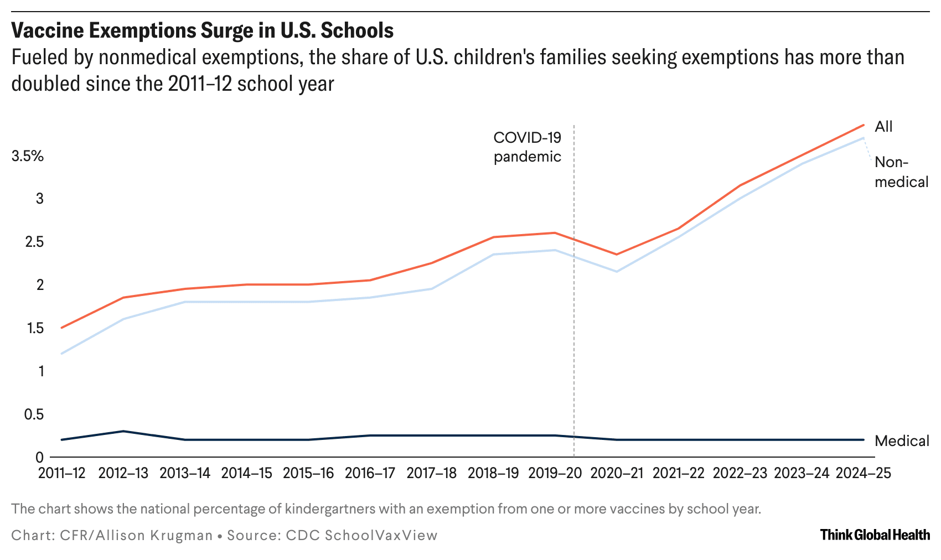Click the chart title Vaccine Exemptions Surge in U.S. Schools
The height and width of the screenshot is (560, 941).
click(x=202, y=30)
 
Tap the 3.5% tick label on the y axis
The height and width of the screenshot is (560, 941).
click(x=27, y=156)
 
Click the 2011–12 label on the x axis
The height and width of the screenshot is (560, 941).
click(x=61, y=473)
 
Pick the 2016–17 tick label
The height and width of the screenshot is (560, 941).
click(x=370, y=473)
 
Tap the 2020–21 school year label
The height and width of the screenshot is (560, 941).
click(x=617, y=473)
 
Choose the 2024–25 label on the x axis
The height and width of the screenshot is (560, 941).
click(x=863, y=473)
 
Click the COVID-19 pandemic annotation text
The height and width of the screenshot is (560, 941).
click(x=527, y=147)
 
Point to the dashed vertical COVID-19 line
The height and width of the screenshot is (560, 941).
click(x=574, y=332)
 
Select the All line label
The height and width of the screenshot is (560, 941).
click(x=883, y=127)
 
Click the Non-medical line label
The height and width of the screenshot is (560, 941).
click(x=901, y=172)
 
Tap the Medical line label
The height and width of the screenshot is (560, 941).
click(x=902, y=440)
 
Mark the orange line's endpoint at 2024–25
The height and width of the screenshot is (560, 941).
click(x=864, y=125)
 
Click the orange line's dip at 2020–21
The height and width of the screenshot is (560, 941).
click(x=617, y=254)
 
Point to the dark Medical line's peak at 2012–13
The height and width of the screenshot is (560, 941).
click(x=123, y=431)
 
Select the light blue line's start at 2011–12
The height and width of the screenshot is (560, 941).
click(x=61, y=354)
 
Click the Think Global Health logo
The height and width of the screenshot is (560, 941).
click(x=875, y=535)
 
